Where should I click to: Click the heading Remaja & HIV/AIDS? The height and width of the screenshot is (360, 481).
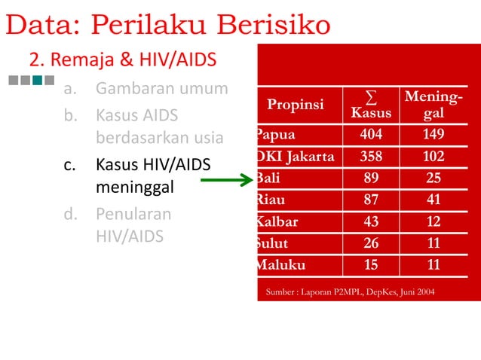(x=123, y=59)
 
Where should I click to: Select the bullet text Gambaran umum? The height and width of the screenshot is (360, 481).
(x=161, y=90)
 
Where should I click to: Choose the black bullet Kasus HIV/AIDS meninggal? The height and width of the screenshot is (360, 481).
(x=153, y=175)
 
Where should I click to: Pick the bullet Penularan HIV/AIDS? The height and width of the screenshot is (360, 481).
(x=133, y=224)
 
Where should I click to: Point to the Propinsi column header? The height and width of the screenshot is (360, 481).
(x=296, y=104)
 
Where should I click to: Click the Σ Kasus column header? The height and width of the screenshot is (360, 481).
(x=370, y=105)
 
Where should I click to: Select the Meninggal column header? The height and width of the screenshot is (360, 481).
(x=434, y=105)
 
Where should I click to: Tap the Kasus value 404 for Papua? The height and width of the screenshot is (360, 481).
(x=370, y=135)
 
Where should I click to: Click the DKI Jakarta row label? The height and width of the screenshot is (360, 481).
(x=295, y=157)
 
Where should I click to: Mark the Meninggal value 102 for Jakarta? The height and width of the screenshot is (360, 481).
(x=434, y=157)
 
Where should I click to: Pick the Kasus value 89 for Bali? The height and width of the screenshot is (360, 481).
(x=370, y=178)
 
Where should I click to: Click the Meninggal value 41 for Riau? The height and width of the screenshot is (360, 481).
(x=434, y=200)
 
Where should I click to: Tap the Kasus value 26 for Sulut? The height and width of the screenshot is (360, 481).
(x=370, y=244)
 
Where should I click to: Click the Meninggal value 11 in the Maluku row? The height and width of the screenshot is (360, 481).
(x=434, y=265)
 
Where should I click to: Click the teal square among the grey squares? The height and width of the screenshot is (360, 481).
(x=37, y=79)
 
